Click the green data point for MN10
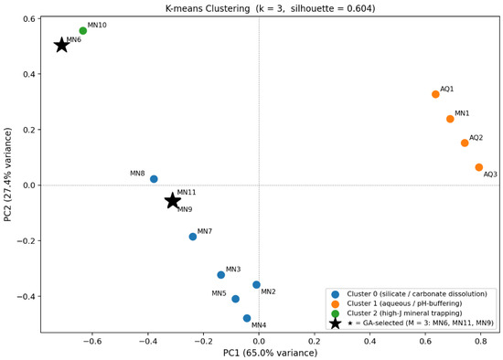pyautogui.click(x=82, y=31)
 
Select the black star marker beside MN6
pyautogui.click(x=62, y=45)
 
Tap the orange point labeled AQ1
pyautogui.click(x=435, y=94)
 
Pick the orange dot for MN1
pyautogui.click(x=450, y=119)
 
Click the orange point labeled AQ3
pyautogui.click(x=479, y=167)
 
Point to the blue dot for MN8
pyautogui.click(x=154, y=179)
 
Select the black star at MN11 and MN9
pyautogui.click(x=173, y=201)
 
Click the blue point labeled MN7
pyautogui.click(x=193, y=237)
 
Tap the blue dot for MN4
pyautogui.click(x=247, y=318)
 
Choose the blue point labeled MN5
pyautogui.click(x=235, y=299)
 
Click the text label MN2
pyautogui.click(x=268, y=291)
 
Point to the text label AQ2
pyautogui.click(x=476, y=138)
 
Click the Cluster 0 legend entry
pyautogui.click(x=410, y=294)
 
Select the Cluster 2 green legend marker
pyautogui.click(x=336, y=313)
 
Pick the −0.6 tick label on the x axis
pyautogui.click(x=92, y=341)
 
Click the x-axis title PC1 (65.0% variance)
pyautogui.click(x=271, y=353)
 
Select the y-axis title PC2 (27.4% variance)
pyautogui.click(x=7, y=175)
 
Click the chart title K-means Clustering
pyautogui.click(x=208, y=8)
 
